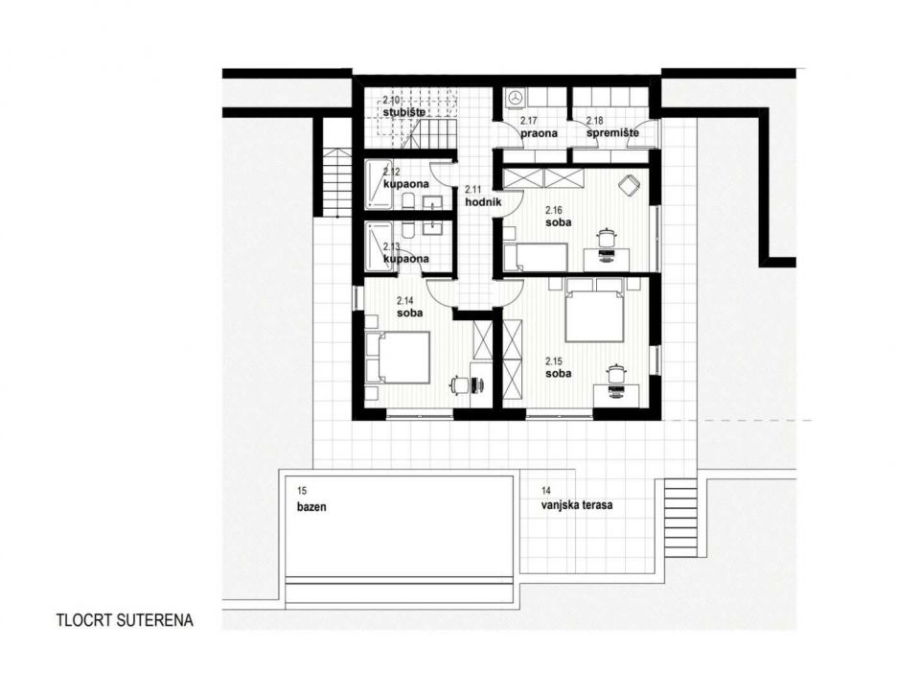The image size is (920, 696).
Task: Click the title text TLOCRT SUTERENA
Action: [125, 620]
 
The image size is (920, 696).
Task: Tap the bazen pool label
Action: [311, 507]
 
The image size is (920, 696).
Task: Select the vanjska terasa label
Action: [577, 504]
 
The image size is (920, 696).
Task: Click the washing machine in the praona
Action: [517, 99]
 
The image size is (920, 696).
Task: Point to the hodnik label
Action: [483, 202]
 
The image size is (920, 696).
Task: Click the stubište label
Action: [404, 112]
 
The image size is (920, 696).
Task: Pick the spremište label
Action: [612, 133]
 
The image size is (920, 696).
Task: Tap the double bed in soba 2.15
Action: [594, 310]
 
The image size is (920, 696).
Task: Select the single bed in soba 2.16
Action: [536, 257]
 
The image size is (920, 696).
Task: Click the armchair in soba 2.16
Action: [630, 185]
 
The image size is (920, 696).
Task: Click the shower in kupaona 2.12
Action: [379, 185]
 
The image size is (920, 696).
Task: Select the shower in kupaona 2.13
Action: [379, 245]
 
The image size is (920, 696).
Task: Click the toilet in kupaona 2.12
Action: [409, 201]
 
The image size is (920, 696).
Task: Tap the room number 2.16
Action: [554, 210]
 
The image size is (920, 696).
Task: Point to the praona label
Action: [540, 133]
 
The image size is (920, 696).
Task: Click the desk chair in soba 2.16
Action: [606, 237]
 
